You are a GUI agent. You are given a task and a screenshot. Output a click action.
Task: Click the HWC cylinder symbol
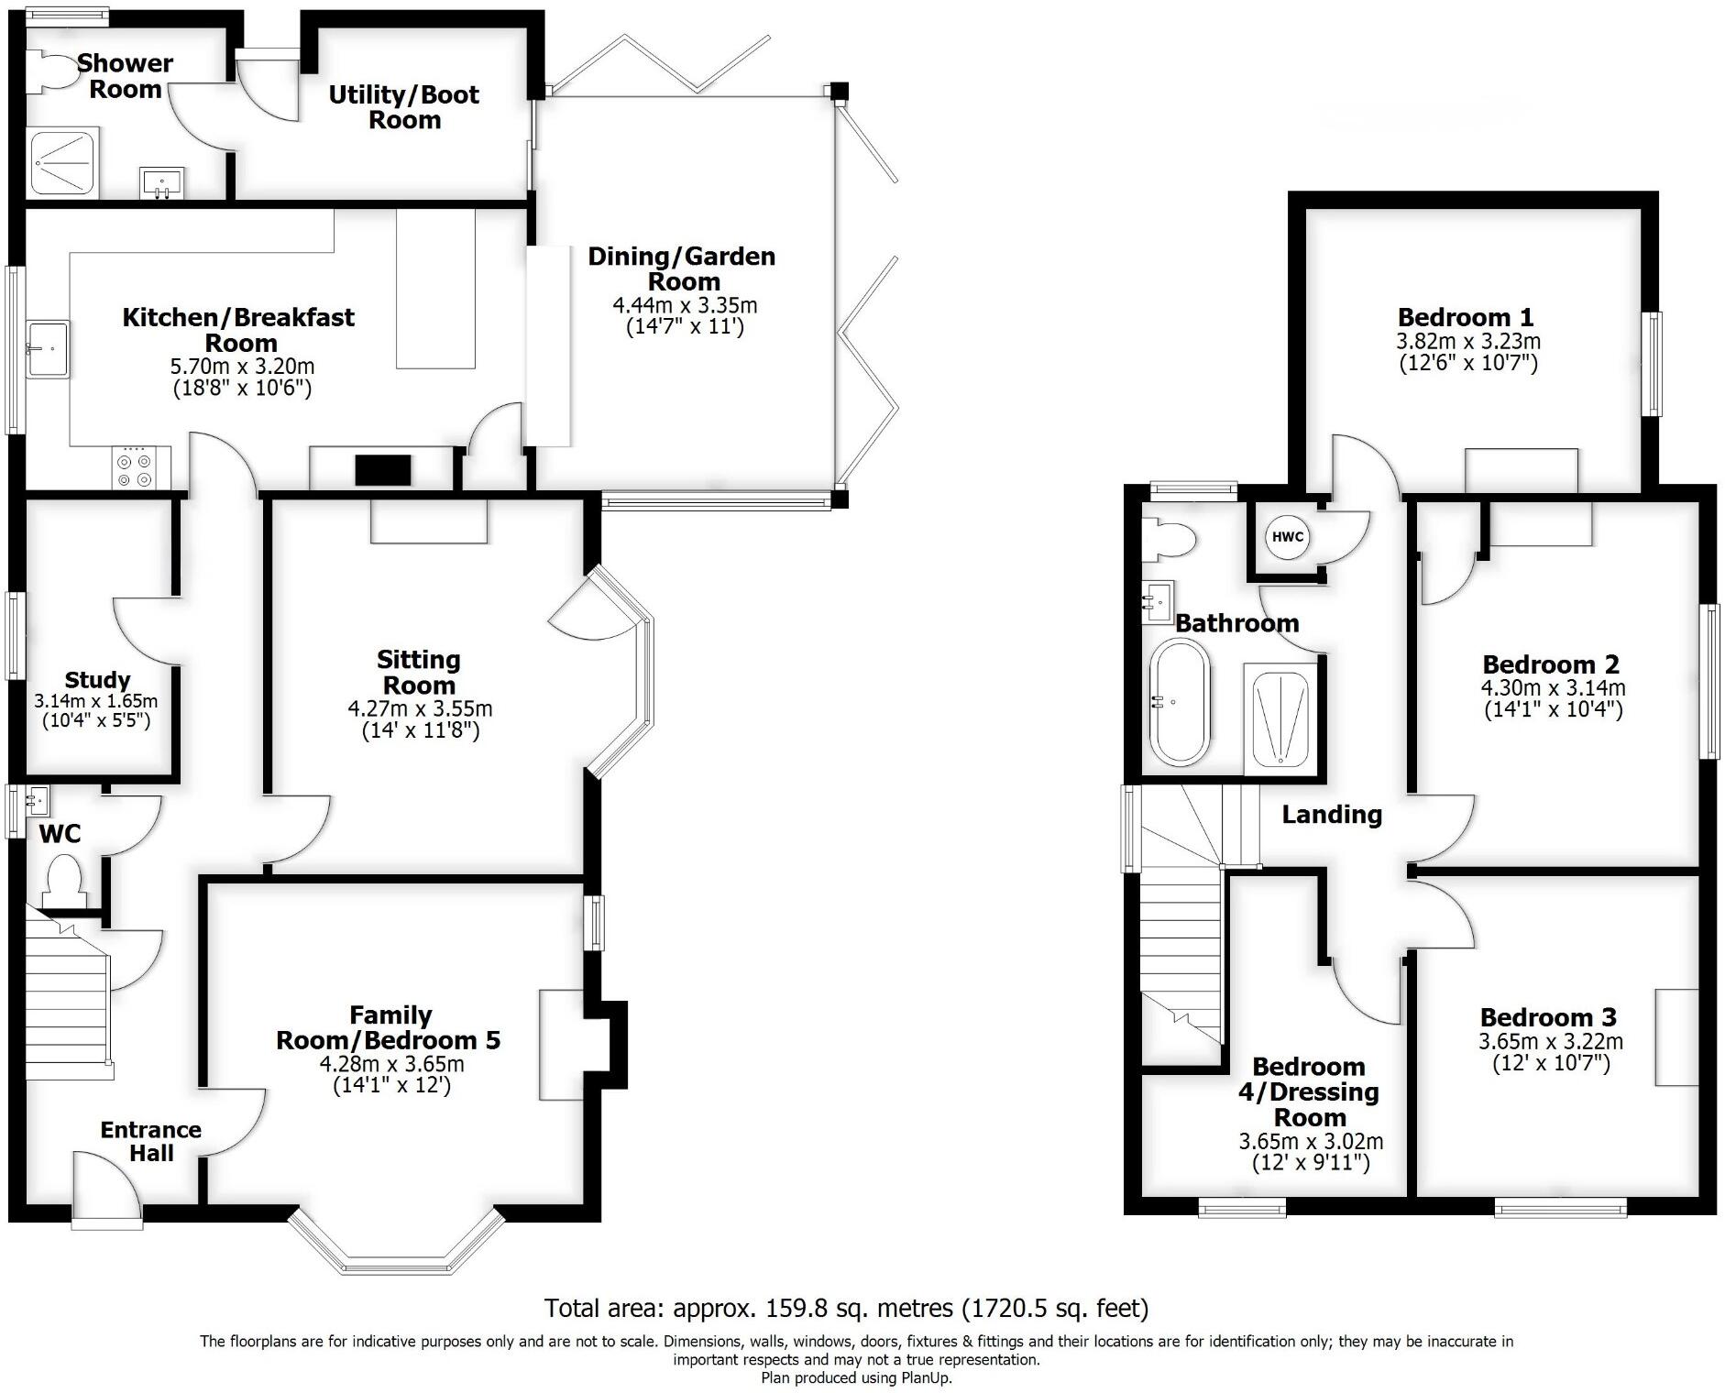click(1287, 537)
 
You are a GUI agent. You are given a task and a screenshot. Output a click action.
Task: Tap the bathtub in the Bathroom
click(1180, 703)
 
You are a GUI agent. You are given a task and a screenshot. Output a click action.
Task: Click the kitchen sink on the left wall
click(49, 348)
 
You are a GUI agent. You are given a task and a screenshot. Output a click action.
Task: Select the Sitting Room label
click(419, 673)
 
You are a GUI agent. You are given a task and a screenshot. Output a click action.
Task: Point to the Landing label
click(1331, 814)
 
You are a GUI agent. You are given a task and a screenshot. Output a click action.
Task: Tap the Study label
click(97, 680)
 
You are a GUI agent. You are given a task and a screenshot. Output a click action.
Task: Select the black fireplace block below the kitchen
click(383, 470)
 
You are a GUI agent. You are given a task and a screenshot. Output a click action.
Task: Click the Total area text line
click(845, 1308)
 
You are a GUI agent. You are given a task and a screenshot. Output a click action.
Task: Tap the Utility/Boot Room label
click(404, 107)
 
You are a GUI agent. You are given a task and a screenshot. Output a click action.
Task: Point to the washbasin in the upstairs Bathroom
click(1158, 602)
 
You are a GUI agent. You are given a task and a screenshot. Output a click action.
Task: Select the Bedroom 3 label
click(1547, 1017)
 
